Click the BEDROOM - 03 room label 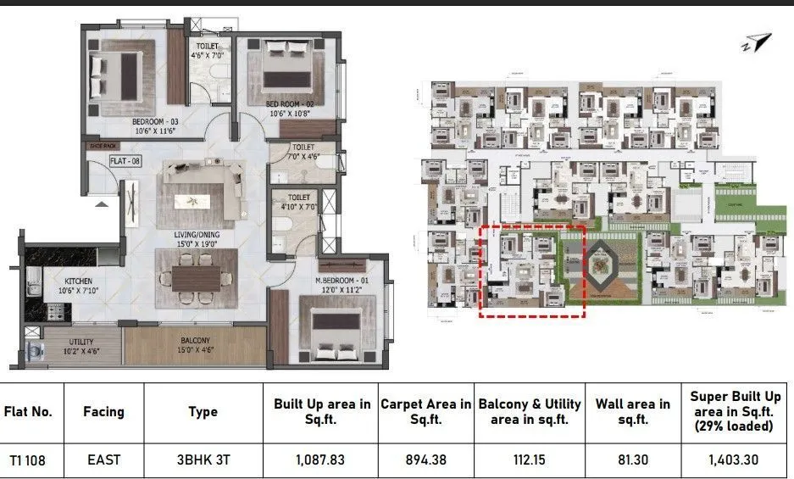coord(153,121)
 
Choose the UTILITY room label coord(81,342)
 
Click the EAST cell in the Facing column coord(103,460)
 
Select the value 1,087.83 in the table coord(320,460)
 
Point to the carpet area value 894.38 coord(425,460)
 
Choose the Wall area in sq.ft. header coord(632,412)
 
